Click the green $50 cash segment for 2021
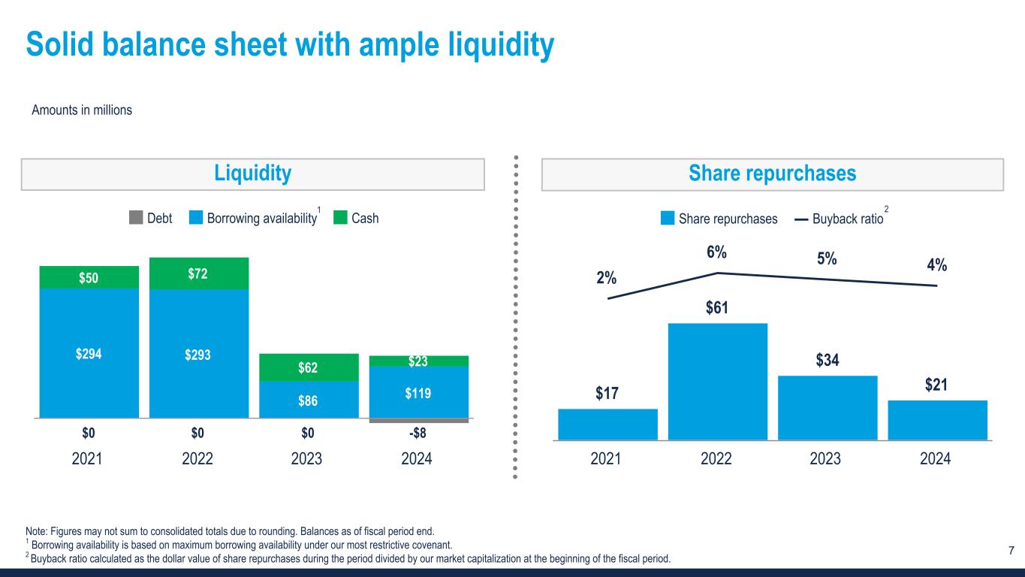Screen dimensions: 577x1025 pyautogui.click(x=89, y=277)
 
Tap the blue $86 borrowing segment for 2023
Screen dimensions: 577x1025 pyautogui.click(x=309, y=399)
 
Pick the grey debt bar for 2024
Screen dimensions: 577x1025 pyautogui.click(x=419, y=421)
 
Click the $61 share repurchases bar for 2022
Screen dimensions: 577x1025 pyautogui.click(x=717, y=381)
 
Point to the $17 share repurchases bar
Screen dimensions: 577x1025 pyautogui.click(x=607, y=424)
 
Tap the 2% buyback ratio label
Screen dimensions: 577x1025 pyautogui.click(x=607, y=278)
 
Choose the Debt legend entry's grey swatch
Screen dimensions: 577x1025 pyautogui.click(x=136, y=218)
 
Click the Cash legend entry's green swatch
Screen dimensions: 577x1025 pyautogui.click(x=340, y=218)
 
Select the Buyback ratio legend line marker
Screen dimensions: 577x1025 pyautogui.click(x=800, y=219)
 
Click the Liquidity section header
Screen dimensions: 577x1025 pyautogui.click(x=253, y=174)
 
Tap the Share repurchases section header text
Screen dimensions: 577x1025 pyautogui.click(x=772, y=174)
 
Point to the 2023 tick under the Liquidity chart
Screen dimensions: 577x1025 pyautogui.click(x=307, y=458)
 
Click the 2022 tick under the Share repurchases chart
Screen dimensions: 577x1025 pyautogui.click(x=716, y=458)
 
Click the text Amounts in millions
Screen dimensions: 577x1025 pyautogui.click(x=82, y=110)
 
